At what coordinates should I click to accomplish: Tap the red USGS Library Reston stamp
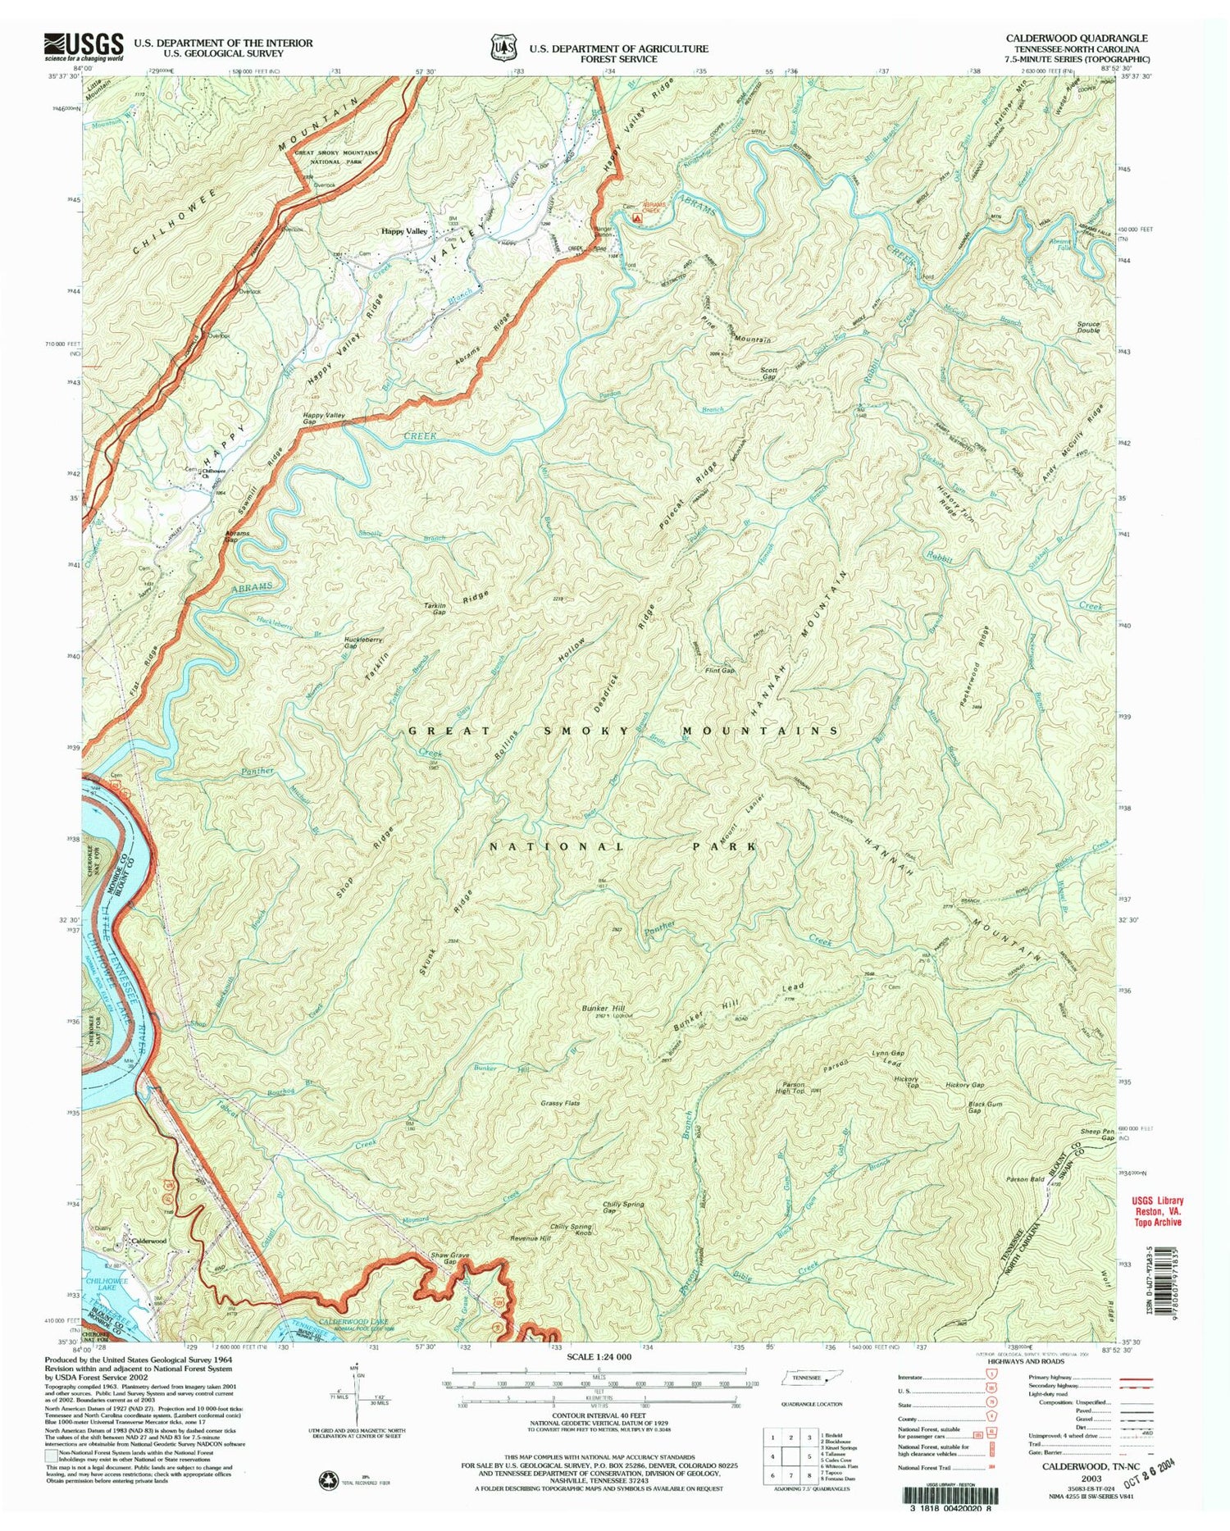tap(1152, 1211)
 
